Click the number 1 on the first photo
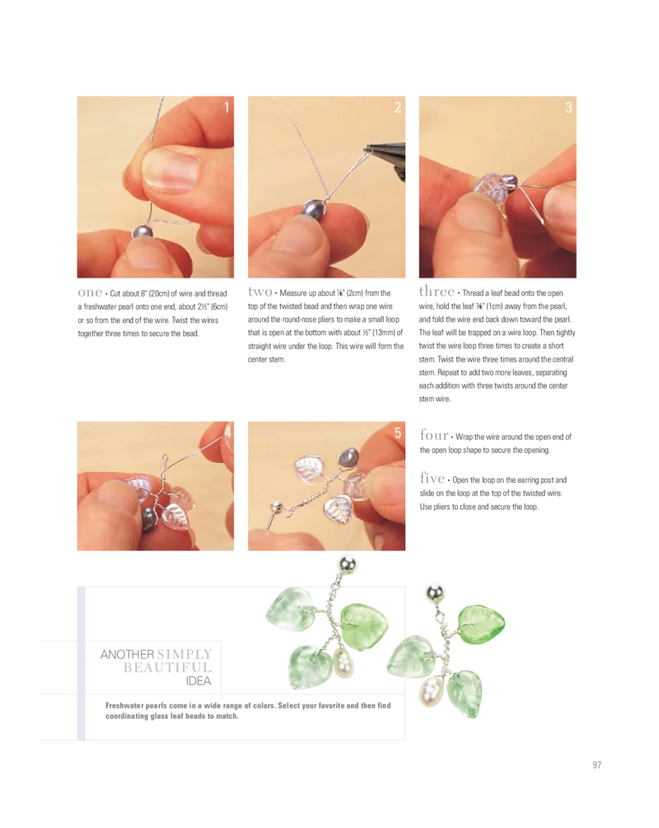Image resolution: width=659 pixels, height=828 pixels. tap(227, 108)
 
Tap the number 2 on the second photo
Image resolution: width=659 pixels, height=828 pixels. tap(398, 107)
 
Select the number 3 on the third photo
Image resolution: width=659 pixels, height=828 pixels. tap(568, 107)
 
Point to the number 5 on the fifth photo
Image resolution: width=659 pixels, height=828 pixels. tap(398, 433)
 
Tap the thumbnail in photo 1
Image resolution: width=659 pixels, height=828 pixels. tap(171, 168)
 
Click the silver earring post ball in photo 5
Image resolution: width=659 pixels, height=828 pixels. tap(276, 508)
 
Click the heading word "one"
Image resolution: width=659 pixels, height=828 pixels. tap(90, 292)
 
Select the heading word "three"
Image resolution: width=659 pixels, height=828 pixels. tap(437, 291)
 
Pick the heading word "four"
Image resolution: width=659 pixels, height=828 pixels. tap(434, 435)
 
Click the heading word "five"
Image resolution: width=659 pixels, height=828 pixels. tap(432, 478)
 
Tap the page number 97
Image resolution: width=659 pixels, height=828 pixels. tap(596, 765)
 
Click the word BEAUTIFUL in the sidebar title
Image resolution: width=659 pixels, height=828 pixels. tap(167, 667)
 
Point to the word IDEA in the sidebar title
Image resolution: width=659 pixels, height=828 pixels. tap(199, 681)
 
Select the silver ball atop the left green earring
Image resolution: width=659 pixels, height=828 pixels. tap(347, 564)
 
